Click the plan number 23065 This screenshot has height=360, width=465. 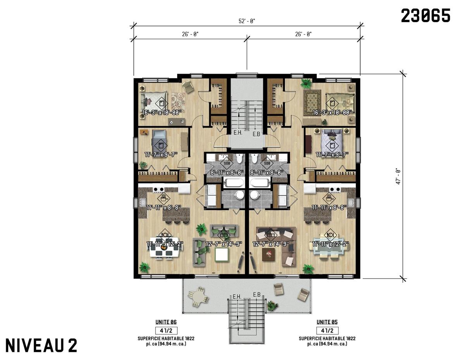[425, 16]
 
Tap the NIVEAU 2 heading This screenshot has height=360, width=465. [41, 344]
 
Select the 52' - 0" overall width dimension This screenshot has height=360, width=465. [247, 21]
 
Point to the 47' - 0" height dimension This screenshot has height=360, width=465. [398, 176]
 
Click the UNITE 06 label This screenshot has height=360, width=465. [166, 322]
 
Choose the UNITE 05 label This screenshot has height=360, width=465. [327, 322]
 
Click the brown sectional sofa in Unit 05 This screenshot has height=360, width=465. [276, 246]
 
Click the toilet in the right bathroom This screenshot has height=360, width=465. [254, 159]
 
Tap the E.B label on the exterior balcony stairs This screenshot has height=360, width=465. [257, 295]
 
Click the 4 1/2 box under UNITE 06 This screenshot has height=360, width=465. [166, 331]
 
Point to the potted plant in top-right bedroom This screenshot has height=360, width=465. [307, 83]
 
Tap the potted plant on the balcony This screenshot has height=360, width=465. [273, 305]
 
